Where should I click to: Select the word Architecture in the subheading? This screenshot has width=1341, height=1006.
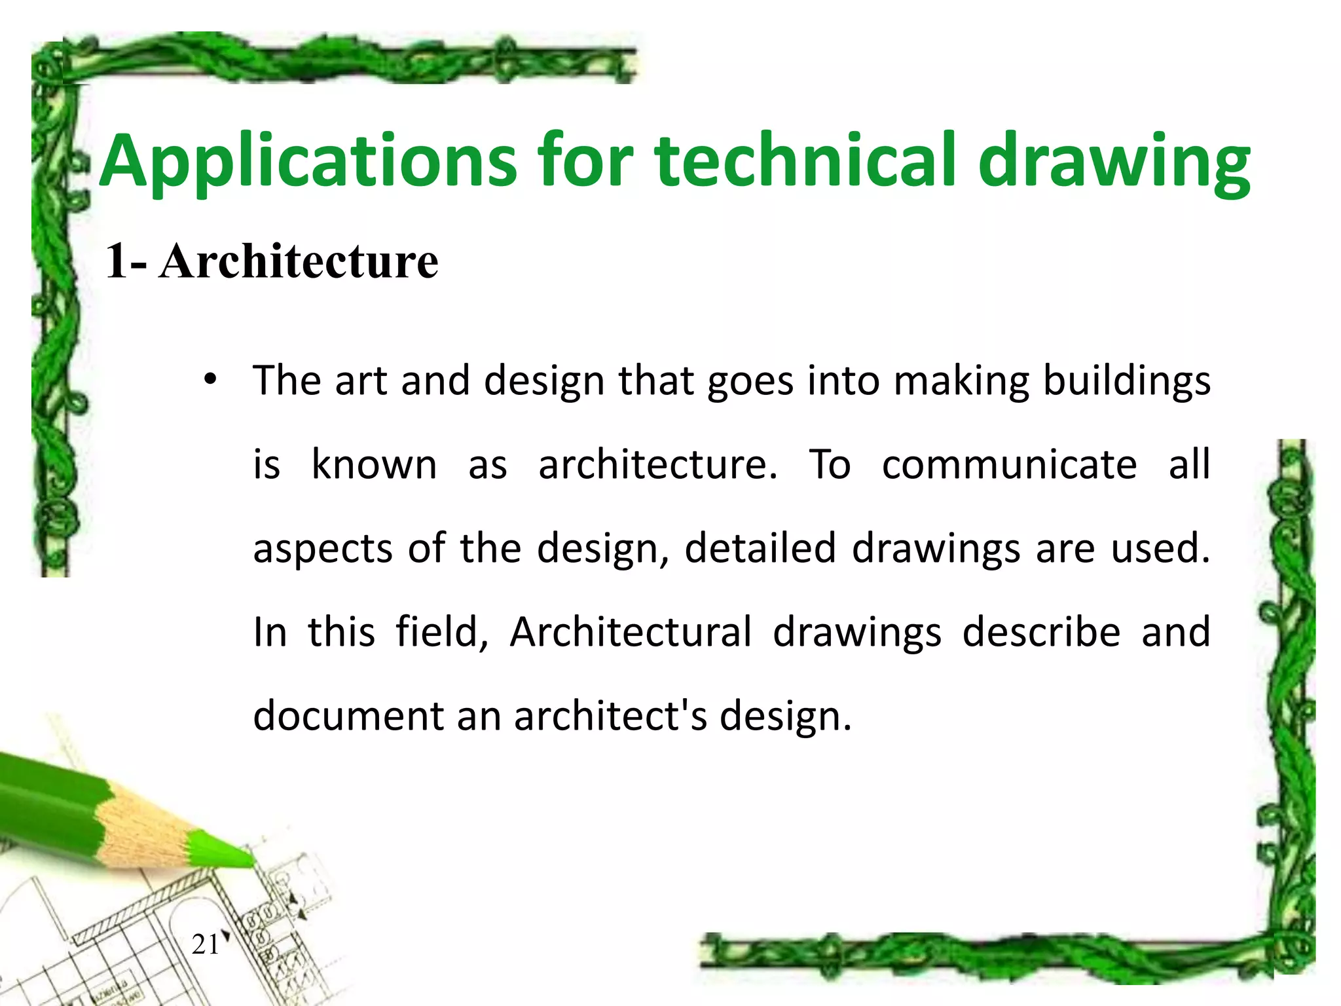(x=299, y=261)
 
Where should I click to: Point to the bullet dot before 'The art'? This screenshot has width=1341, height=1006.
(x=210, y=379)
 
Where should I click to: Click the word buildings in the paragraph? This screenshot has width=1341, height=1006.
(x=1126, y=381)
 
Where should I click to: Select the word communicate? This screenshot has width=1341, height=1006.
(x=1009, y=464)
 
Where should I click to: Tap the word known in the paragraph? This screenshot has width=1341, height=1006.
(x=374, y=464)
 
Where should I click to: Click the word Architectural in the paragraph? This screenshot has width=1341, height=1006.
(x=631, y=632)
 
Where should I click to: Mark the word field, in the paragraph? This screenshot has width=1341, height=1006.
(x=442, y=632)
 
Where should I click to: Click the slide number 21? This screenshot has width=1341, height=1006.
(x=206, y=944)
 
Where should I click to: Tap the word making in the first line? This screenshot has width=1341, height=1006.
(x=961, y=381)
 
